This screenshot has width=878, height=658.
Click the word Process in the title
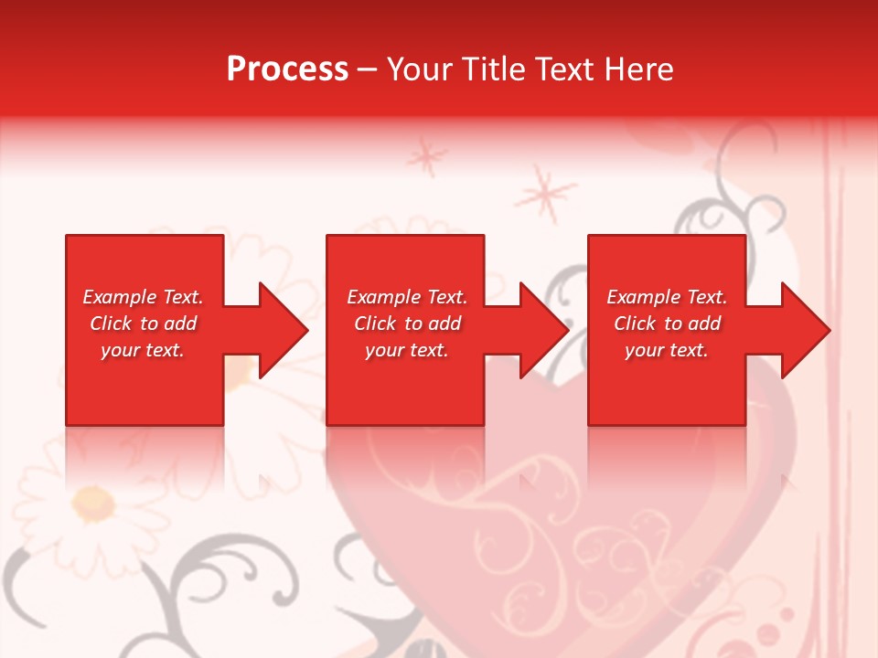(287, 69)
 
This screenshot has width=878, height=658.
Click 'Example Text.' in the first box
(143, 297)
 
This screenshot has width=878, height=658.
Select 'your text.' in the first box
(143, 350)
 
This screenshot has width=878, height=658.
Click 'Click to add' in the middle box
(407, 324)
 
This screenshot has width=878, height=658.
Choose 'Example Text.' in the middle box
(407, 297)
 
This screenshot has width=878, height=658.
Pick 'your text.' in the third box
(667, 350)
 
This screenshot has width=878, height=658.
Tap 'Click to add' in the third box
(667, 324)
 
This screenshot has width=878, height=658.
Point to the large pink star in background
(545, 194)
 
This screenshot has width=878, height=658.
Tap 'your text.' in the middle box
(407, 350)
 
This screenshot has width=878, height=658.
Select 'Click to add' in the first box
(143, 324)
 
